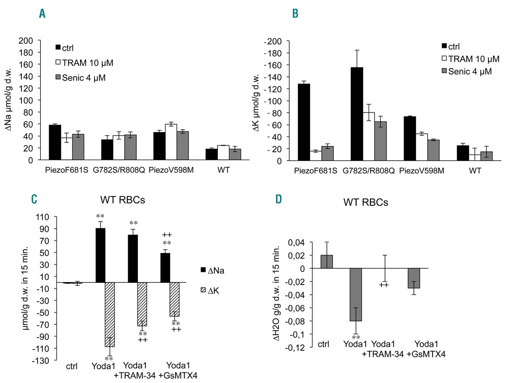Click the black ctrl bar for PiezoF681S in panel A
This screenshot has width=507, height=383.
click(55, 142)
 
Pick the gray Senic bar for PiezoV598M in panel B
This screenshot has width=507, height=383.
click(433, 150)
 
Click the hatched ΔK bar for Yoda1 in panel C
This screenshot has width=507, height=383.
click(110, 315)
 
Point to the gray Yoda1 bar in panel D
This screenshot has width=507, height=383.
click(355, 294)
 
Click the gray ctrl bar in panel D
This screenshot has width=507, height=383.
click(326, 262)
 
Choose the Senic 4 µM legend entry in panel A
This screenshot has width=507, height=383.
click(81, 78)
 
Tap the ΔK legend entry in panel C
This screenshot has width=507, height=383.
click(210, 291)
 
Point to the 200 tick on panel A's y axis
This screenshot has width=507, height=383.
click(26, 40)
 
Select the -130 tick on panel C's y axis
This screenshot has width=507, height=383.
click(40, 360)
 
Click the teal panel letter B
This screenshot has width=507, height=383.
click(295, 13)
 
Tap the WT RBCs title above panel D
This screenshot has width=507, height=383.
click(366, 202)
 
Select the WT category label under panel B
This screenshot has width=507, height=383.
click(475, 171)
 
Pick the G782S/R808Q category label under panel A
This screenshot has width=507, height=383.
click(119, 170)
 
